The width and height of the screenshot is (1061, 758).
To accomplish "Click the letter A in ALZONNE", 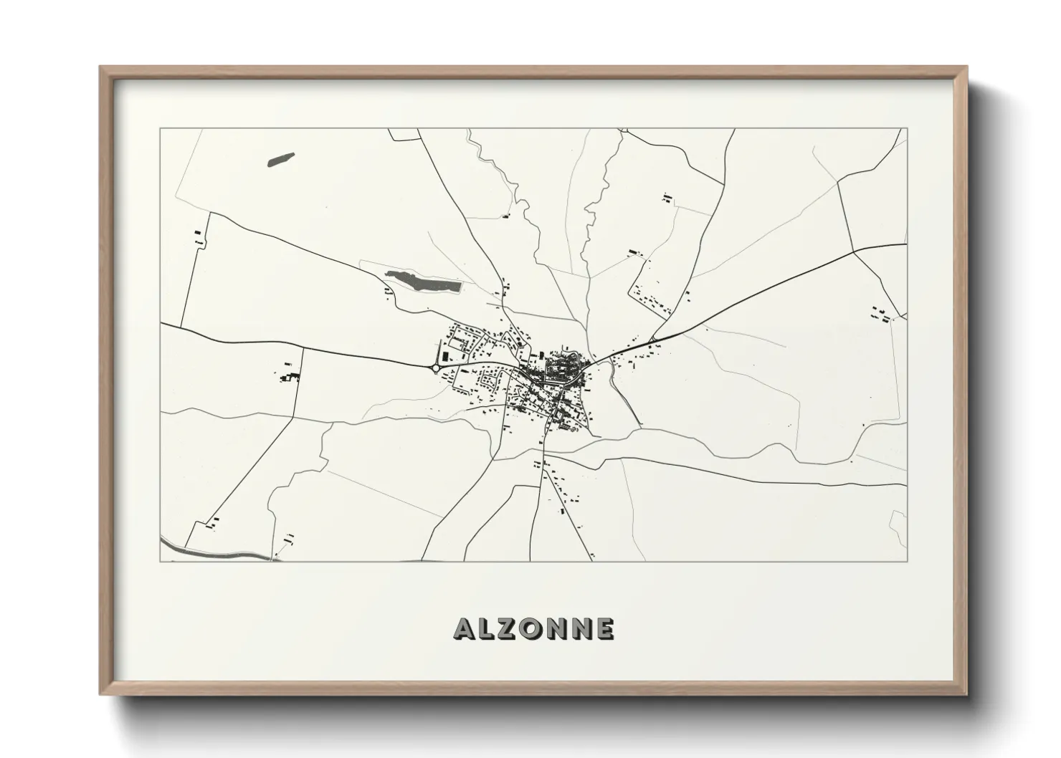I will point(464,629).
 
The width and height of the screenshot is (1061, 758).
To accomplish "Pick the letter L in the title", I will point(486,629).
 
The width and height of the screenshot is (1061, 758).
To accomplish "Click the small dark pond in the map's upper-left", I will point(280,158).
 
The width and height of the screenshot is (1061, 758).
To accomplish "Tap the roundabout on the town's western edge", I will point(434,368).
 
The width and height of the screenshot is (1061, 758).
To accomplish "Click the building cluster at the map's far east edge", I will point(880,313).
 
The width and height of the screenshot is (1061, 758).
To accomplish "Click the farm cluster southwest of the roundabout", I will point(290,375).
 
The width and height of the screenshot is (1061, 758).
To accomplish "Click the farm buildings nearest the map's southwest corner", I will point(213,524).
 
